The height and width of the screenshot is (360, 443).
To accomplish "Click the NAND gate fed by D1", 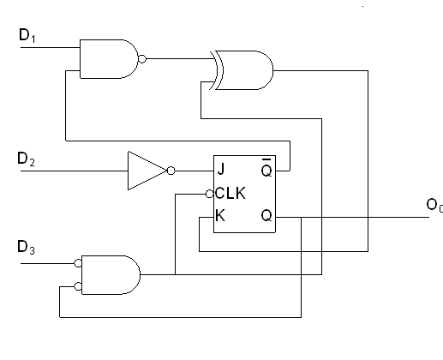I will click(107, 59).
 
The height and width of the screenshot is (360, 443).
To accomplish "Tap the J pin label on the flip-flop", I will click(221, 169).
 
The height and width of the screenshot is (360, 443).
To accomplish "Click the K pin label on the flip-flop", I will click(221, 216).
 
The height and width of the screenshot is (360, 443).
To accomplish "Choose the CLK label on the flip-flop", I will click(230, 193).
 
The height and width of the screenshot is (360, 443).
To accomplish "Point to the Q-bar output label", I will click(266, 169).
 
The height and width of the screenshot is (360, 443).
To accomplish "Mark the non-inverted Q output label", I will click(266, 216).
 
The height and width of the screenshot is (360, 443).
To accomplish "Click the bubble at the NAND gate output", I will click(142, 60).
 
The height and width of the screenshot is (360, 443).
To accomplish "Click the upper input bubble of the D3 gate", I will click(78, 263).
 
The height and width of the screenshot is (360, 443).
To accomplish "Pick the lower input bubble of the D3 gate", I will click(78, 286).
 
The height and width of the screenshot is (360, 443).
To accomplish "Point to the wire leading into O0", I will click(368, 216).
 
